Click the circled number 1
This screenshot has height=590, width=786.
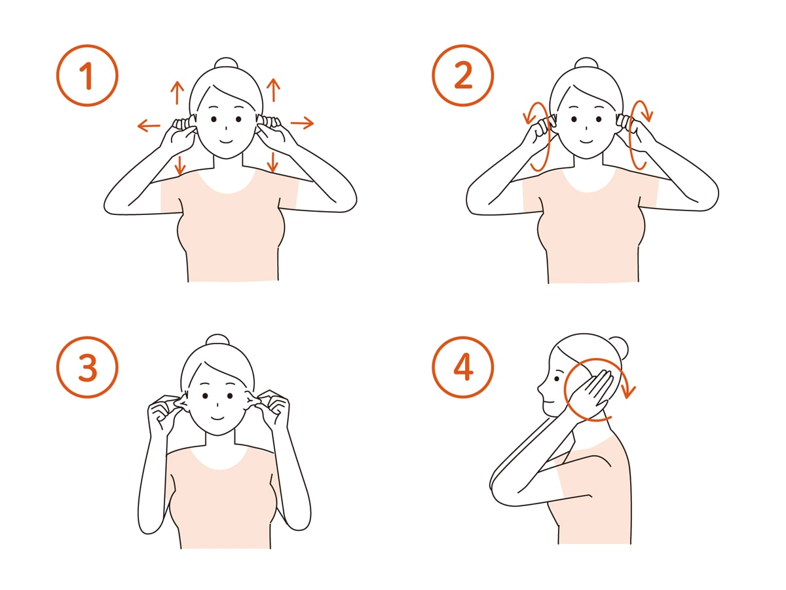click(x=87, y=75)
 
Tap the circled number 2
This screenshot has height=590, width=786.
click(x=462, y=75)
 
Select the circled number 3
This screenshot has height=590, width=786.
click(x=87, y=367)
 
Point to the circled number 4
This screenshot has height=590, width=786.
click(x=462, y=367)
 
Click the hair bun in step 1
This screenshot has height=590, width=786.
click(x=226, y=63)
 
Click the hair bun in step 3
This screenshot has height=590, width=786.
click(x=217, y=340)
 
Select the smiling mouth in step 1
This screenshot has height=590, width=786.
click(x=225, y=140)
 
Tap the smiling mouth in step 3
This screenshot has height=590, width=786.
click(x=217, y=418)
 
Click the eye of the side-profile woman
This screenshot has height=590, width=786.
click(x=557, y=379)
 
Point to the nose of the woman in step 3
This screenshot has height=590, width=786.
click(x=217, y=404)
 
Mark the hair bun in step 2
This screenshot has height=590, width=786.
click(x=586, y=63)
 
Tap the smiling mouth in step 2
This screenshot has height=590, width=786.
click(x=586, y=140)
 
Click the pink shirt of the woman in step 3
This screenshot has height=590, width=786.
click(x=220, y=501)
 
